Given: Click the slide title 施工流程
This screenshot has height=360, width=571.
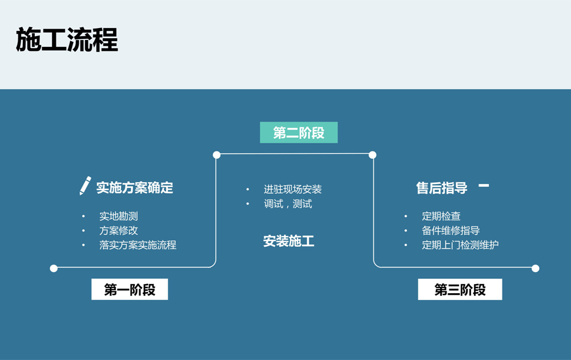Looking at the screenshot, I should (67, 40).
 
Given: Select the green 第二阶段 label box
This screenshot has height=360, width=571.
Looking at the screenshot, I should (299, 133).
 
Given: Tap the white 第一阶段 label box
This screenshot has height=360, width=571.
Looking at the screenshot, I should (130, 290).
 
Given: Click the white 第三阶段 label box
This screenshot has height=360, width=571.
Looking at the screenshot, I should (460, 290).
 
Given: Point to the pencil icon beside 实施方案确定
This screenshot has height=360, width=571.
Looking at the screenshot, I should (85, 186).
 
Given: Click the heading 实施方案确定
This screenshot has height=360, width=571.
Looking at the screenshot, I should (134, 187).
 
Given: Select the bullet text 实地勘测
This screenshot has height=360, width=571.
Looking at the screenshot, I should (118, 216).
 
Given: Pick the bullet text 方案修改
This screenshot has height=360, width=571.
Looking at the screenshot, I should (118, 230).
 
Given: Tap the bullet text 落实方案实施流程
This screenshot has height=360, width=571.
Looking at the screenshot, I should (138, 245).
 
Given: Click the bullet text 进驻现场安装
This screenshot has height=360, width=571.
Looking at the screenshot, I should (292, 189).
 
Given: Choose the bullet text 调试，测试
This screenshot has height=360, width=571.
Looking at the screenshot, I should (288, 203).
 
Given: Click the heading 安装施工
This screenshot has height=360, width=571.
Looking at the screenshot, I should (288, 241).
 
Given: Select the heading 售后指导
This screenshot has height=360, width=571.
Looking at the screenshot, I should (441, 187).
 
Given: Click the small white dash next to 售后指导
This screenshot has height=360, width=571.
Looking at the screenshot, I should (484, 185).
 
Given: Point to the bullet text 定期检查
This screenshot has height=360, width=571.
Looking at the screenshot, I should (441, 216).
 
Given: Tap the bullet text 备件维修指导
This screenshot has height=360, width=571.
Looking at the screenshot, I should (451, 230).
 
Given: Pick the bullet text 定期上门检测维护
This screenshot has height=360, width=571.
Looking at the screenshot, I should (460, 245).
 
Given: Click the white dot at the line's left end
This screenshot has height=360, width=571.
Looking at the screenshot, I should (54, 268).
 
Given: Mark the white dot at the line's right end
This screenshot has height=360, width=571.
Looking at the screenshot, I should (535, 268).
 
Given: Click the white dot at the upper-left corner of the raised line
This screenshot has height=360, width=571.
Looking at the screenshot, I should (216, 155).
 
